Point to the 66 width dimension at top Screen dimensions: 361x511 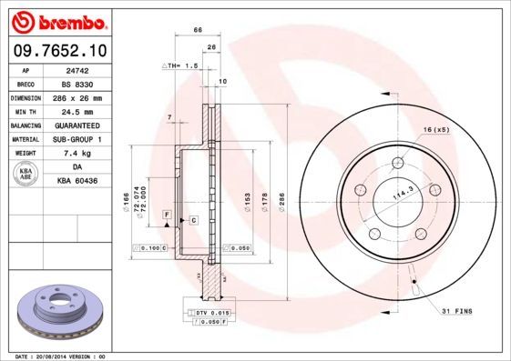198,31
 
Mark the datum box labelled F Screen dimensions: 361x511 168,213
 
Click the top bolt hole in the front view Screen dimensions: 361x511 398,164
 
